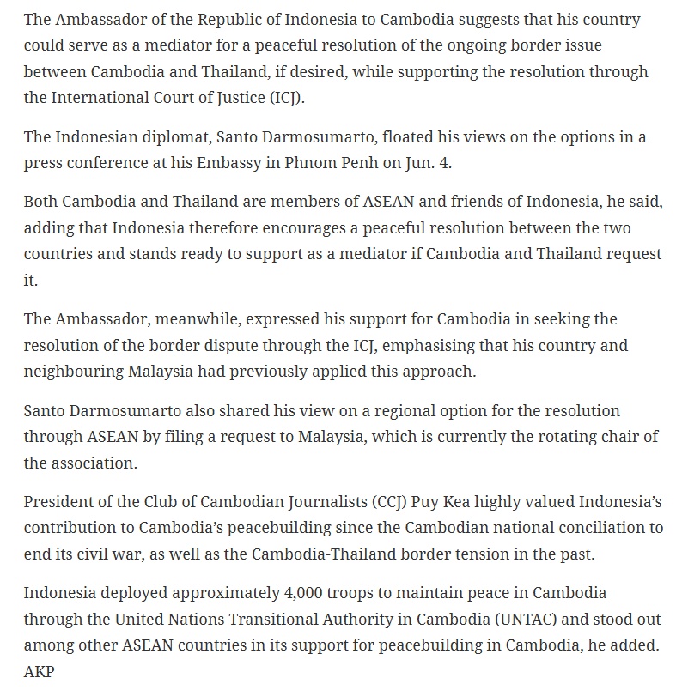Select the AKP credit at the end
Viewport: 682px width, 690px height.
[x=39, y=671]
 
